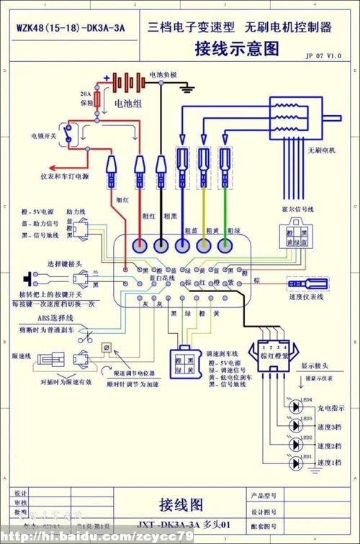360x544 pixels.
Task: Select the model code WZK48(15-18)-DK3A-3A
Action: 70,29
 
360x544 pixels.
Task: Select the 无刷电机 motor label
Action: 322,150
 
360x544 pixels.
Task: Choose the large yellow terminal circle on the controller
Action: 204,245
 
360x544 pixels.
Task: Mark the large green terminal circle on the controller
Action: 226,245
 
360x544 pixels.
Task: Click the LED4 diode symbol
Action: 294,406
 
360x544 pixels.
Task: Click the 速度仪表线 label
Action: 305,296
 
